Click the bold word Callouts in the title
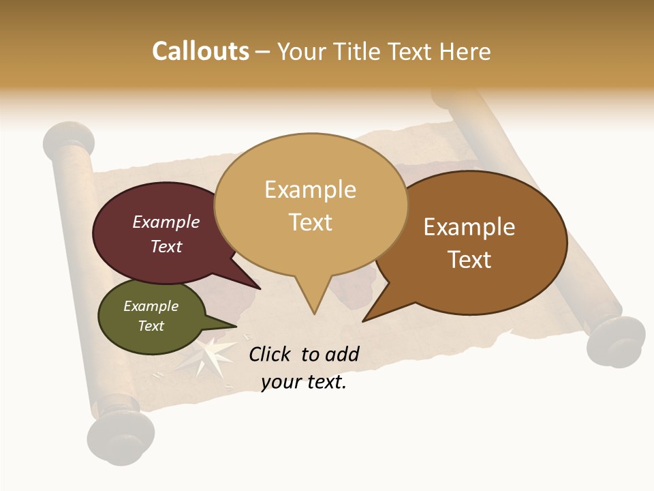click(x=200, y=51)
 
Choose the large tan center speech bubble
click(x=311, y=205)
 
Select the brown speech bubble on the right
click(x=477, y=242)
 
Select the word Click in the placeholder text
click(x=270, y=354)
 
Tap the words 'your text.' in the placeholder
click(x=304, y=382)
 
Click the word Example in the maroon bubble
click(x=166, y=222)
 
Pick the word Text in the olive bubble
click(x=151, y=326)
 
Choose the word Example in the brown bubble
click(x=469, y=227)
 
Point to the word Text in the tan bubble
click(x=311, y=222)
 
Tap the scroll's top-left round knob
click(x=67, y=139)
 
